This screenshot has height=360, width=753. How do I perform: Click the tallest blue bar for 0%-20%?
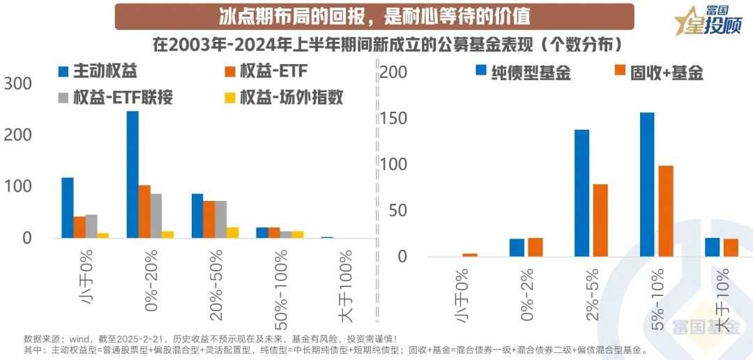[132, 174]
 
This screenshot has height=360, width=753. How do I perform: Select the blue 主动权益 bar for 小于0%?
[68, 208]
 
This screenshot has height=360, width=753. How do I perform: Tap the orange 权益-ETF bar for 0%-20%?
[144, 211]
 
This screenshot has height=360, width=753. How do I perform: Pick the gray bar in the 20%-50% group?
[221, 219]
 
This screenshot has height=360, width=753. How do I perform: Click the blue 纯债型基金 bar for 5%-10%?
[647, 184]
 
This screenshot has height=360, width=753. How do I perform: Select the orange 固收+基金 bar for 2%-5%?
[600, 220]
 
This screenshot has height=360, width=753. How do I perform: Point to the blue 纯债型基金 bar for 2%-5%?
[581, 193]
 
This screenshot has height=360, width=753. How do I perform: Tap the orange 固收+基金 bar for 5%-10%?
[666, 211]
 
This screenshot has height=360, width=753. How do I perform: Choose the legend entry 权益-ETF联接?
[115, 98]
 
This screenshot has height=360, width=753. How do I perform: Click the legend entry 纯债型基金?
[523, 71]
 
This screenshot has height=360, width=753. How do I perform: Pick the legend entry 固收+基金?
[659, 71]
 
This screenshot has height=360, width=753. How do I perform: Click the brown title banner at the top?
[374, 16]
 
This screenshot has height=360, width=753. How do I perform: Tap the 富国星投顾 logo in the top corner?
[711, 21]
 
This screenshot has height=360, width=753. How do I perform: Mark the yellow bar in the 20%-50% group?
[233, 232]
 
